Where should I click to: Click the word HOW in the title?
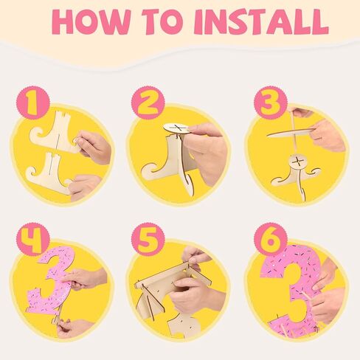pyautogui.click(x=91, y=21)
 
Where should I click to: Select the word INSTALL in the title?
pyautogui.click(x=261, y=21)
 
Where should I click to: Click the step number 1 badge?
pyautogui.click(x=33, y=103)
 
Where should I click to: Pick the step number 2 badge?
pyautogui.click(x=148, y=103)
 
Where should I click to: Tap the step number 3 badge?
pyautogui.click(x=270, y=103)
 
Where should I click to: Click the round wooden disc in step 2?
pyautogui.click(x=177, y=128)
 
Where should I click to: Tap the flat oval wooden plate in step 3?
pyautogui.click(x=291, y=133)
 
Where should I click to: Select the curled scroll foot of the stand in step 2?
pyautogui.click(x=153, y=171)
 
